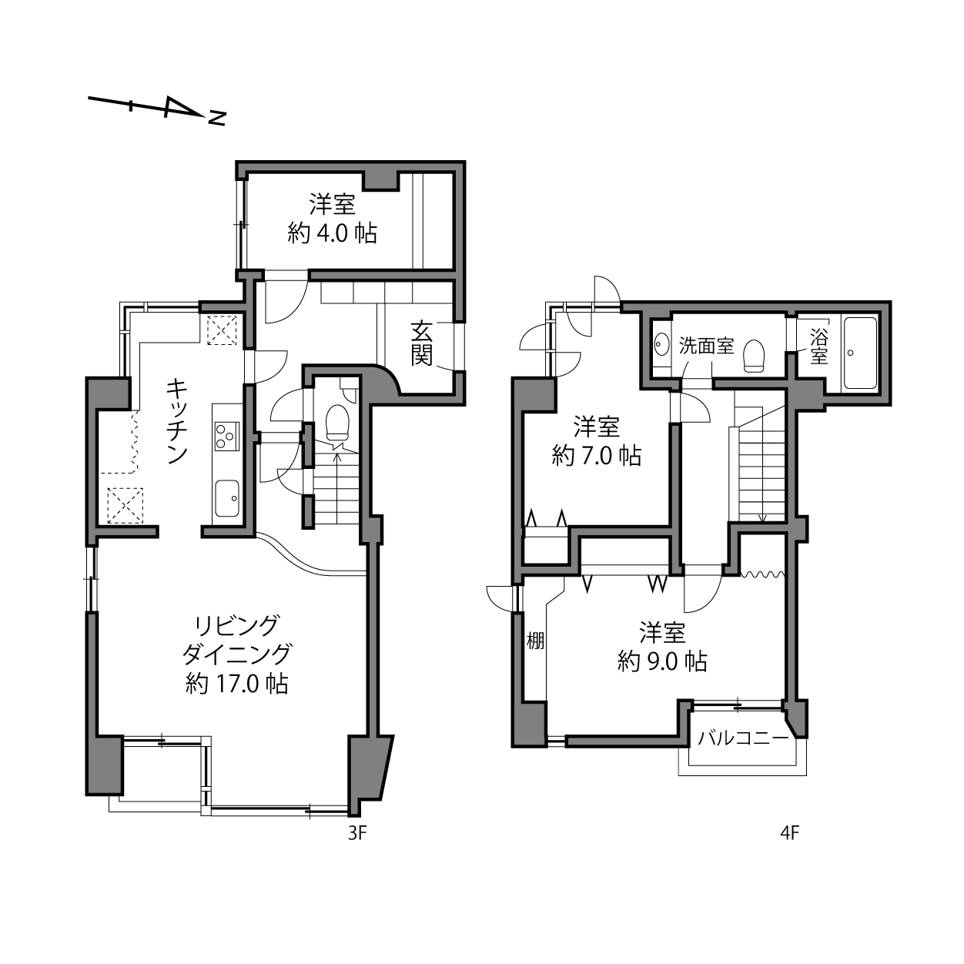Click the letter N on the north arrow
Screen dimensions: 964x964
(x=217, y=118)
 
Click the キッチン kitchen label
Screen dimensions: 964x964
(x=176, y=421)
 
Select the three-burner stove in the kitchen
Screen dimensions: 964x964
(x=226, y=436)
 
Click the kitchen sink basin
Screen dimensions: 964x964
(x=226, y=498)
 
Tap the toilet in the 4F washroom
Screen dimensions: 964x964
(x=754, y=356)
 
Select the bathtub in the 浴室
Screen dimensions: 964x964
(x=860, y=353)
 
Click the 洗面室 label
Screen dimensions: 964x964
(x=706, y=346)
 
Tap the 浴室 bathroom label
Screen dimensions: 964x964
(x=818, y=346)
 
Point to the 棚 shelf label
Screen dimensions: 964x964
(x=535, y=641)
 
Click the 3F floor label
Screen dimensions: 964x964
(x=357, y=833)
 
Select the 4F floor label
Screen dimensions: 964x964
(x=789, y=833)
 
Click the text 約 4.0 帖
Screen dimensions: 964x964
(x=332, y=233)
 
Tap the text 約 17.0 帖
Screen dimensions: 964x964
(x=236, y=684)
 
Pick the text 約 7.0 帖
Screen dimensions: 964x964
(x=596, y=456)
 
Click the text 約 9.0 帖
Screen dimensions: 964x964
(x=662, y=661)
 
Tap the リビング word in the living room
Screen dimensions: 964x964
(x=237, y=626)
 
